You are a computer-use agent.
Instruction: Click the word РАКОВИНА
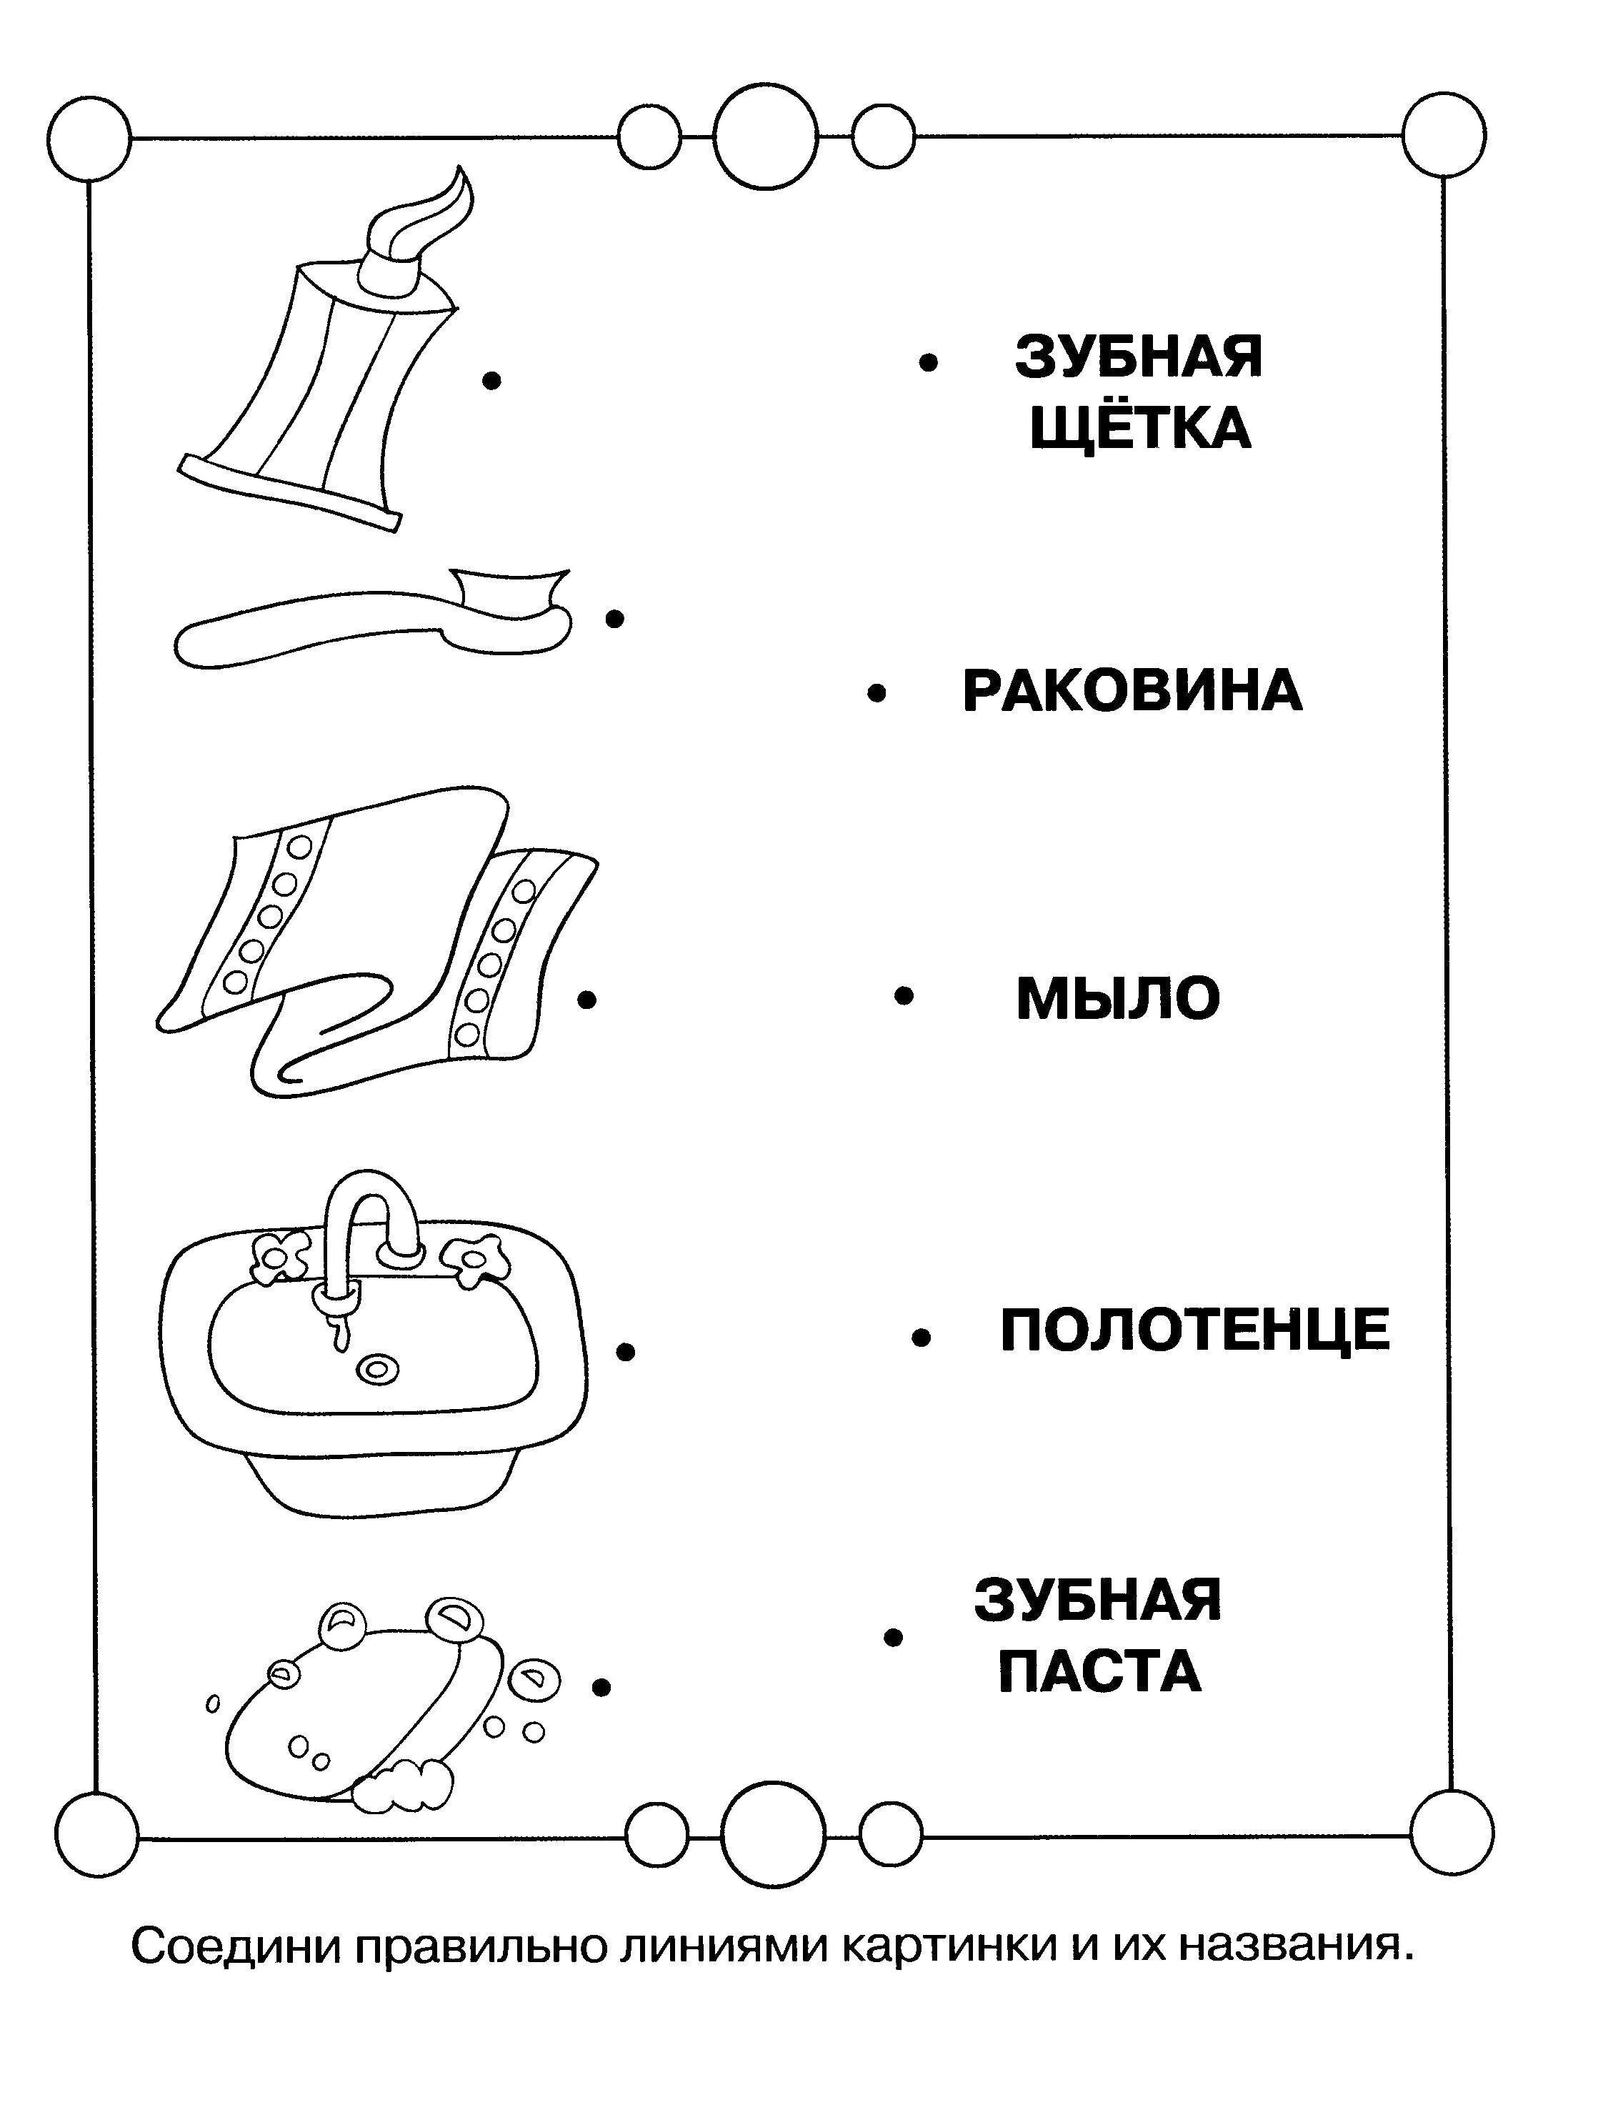[x=1132, y=691]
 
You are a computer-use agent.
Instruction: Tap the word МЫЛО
[x=1117, y=999]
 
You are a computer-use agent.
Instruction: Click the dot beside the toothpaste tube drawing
[x=491, y=381]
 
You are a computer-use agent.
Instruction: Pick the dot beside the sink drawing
[x=625, y=1351]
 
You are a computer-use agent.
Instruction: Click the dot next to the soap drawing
[x=601, y=1687]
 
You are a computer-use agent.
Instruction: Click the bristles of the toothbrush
[x=506, y=592]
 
